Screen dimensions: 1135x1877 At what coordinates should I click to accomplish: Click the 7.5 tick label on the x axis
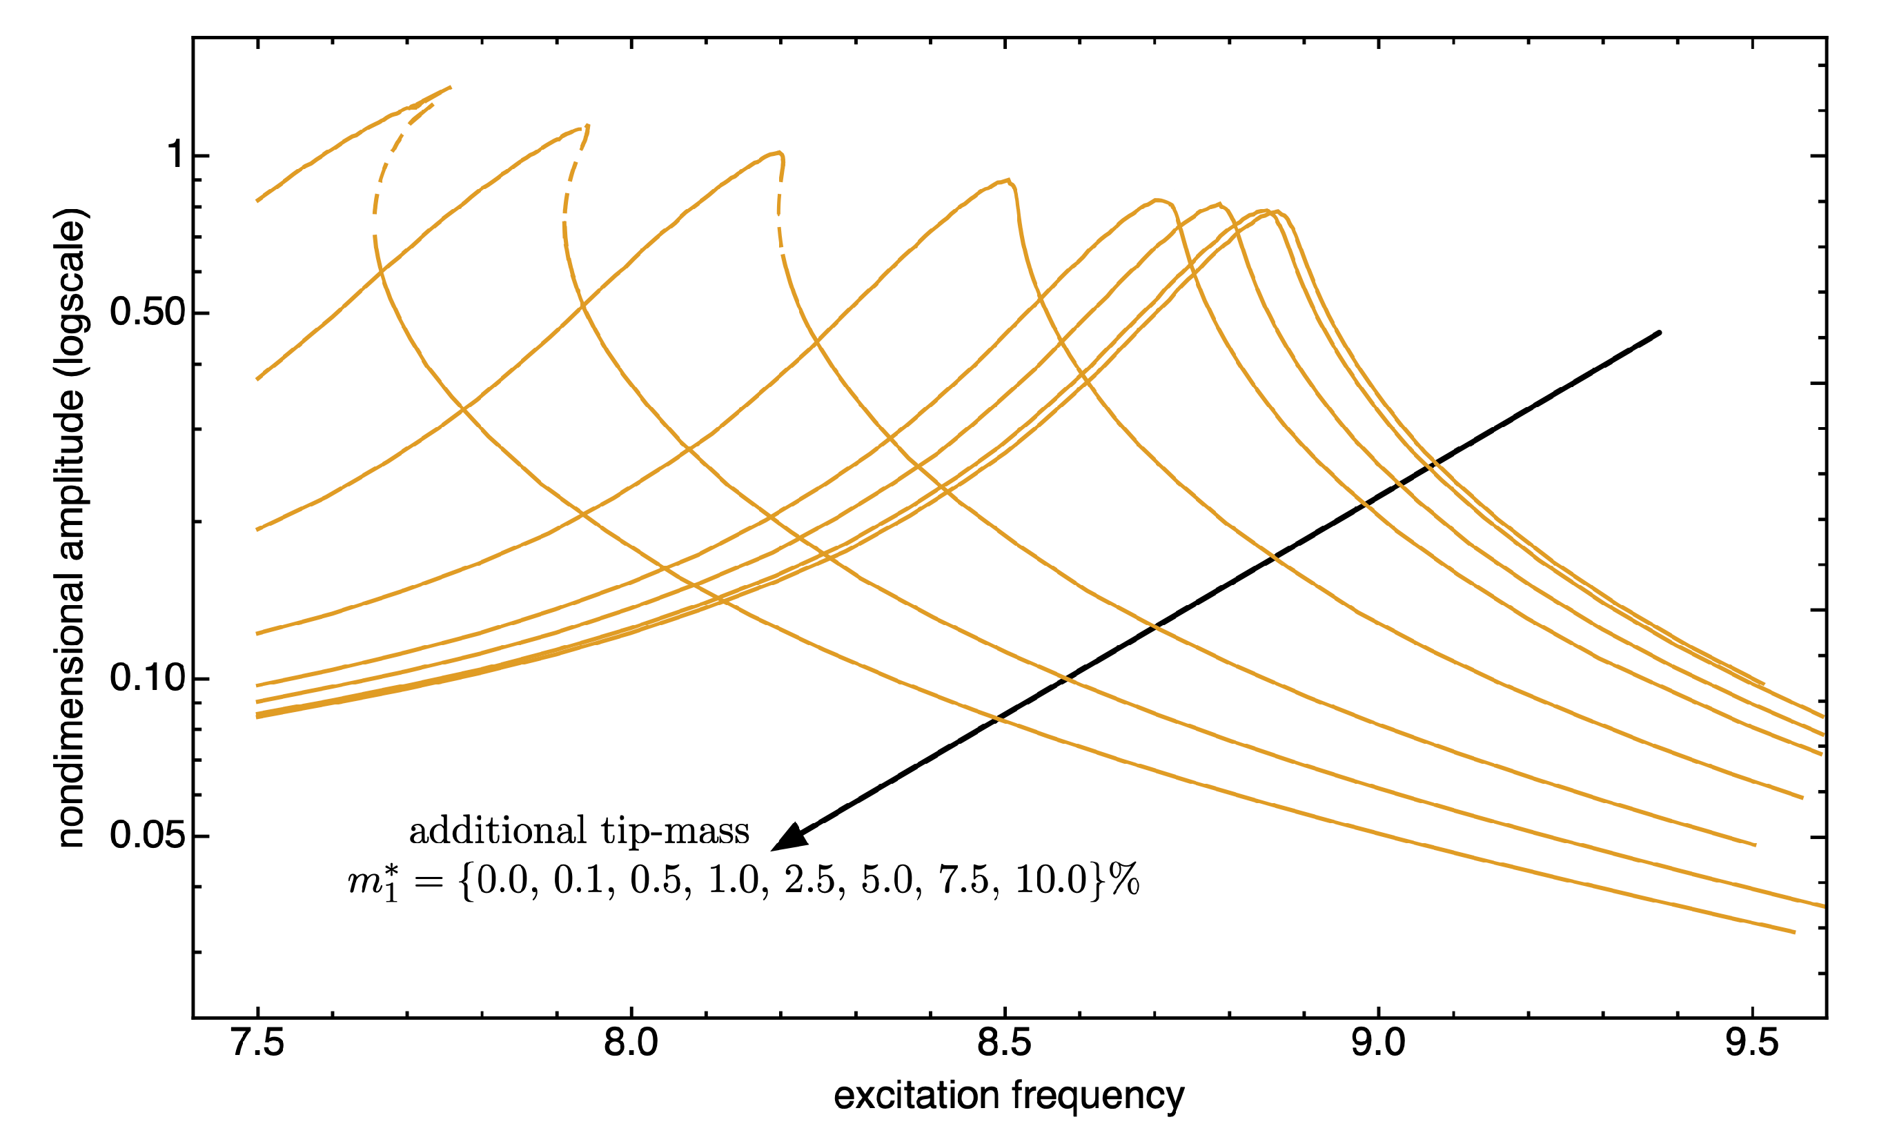257,1043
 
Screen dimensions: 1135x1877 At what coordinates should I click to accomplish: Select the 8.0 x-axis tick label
631,1043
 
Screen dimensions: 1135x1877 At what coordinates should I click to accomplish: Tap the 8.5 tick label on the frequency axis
1004,1043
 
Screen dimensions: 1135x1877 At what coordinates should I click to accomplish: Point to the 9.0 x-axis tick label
1377,1043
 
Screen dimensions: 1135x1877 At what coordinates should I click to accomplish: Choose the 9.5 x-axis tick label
1751,1043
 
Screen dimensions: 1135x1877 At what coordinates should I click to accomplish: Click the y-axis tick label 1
176,155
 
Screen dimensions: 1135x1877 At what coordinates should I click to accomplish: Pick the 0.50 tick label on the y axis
148,313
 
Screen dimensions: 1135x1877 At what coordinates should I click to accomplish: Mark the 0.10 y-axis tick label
148,678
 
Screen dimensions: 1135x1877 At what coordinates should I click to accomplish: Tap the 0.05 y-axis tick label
148,836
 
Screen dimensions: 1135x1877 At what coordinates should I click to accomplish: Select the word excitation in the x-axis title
916,1096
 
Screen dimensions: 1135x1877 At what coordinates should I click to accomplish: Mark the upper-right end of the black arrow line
1658,333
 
